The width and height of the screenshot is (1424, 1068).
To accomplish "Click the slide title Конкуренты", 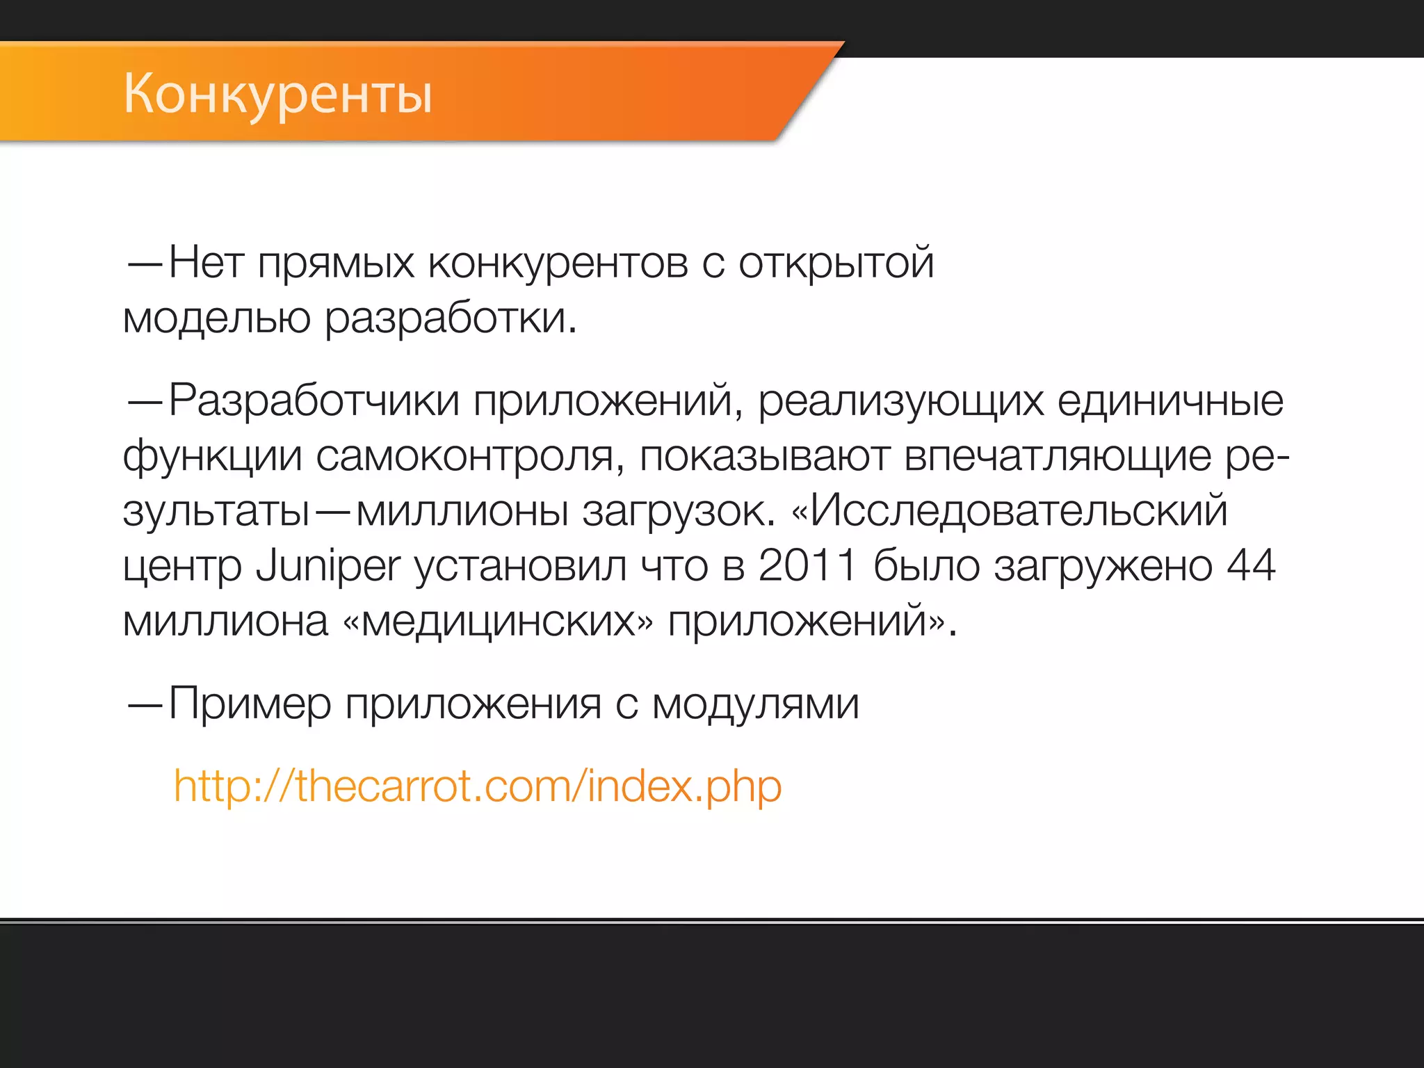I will tap(278, 95).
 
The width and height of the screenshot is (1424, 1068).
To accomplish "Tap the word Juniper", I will tap(328, 566).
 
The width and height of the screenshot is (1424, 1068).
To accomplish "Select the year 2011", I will tap(807, 566).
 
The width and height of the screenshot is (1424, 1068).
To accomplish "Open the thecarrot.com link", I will tap(478, 786).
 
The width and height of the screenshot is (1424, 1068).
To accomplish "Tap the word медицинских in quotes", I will tap(499, 621).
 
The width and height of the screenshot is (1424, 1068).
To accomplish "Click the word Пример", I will tap(250, 704).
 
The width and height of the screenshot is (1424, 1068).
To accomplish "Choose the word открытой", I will tap(836, 264).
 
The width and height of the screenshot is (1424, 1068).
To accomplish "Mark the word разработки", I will tap(451, 319).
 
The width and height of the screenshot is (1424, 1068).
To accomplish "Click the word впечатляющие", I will tap(1058, 457).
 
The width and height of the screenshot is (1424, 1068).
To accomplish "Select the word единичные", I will tap(1170, 401).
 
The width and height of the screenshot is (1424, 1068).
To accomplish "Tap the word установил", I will tap(520, 566).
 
